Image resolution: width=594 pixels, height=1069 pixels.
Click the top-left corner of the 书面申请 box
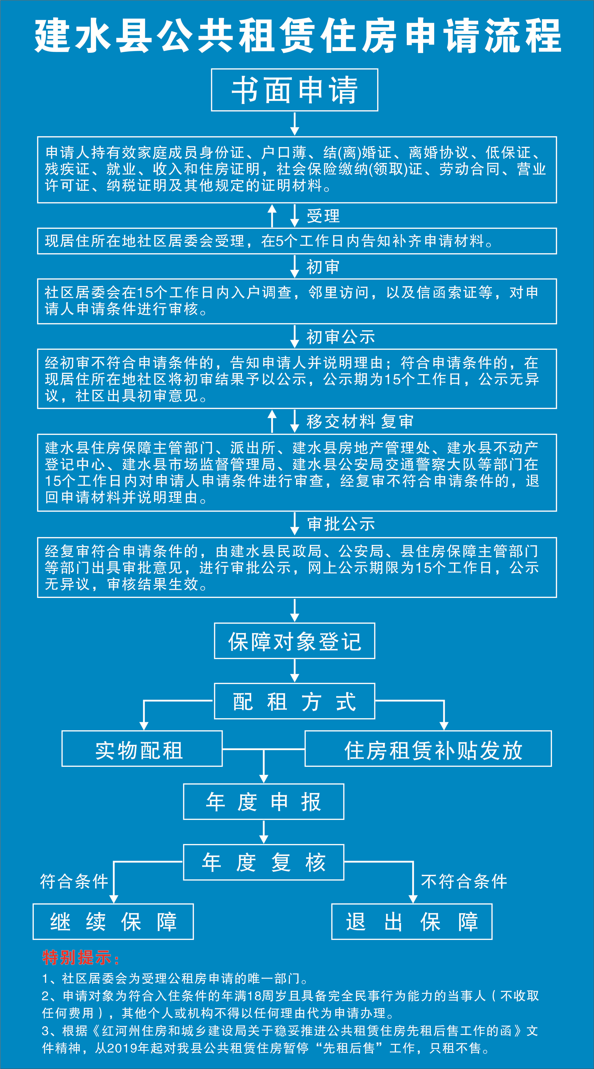point(211,69)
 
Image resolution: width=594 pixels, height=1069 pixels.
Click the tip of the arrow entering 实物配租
point(144,730)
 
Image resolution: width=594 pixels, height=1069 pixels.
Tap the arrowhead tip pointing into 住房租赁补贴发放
point(444,730)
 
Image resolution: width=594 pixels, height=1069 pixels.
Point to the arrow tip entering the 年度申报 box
point(263,783)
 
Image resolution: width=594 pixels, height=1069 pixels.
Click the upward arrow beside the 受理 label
point(272,215)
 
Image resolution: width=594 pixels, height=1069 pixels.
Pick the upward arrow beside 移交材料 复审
point(272,421)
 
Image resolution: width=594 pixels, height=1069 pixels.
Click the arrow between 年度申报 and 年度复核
point(263,832)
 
